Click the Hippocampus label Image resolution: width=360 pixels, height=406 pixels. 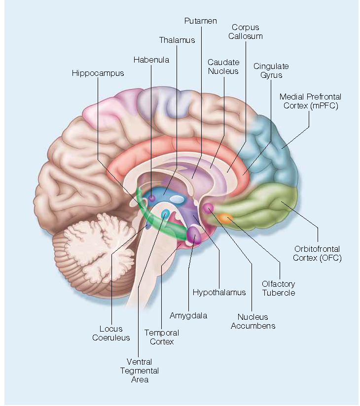[98, 73]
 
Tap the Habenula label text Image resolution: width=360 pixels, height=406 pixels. [151, 60]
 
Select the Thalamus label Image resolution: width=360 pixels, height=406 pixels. [177, 40]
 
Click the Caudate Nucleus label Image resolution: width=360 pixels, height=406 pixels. [223, 67]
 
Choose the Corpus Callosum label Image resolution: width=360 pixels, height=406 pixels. [246, 32]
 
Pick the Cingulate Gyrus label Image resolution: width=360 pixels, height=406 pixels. [271, 70]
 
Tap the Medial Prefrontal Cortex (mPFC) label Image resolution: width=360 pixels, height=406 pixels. [310, 101]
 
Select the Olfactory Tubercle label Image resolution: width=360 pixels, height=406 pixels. [279, 288]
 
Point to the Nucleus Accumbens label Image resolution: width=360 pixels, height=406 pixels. [256, 321]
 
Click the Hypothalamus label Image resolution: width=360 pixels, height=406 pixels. [219, 292]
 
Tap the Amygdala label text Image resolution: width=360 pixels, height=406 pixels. [188, 315]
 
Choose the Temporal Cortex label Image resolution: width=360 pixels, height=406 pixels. [161, 337]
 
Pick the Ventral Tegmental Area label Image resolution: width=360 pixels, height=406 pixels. [139, 371]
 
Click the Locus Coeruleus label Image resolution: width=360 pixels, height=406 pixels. [111, 333]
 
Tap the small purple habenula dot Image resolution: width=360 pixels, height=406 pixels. [151, 198]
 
